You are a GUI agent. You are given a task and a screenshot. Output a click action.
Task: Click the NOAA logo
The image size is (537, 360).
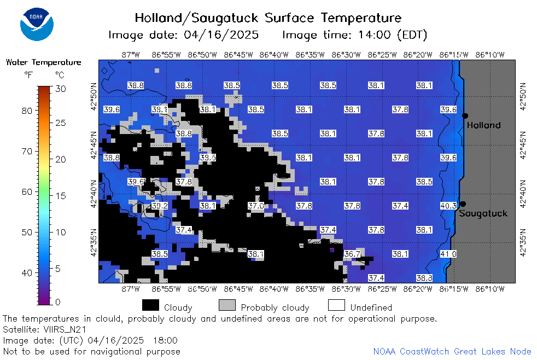37,25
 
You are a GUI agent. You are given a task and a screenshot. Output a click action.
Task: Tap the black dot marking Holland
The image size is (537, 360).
465,116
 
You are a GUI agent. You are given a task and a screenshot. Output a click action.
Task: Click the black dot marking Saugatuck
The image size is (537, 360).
463,204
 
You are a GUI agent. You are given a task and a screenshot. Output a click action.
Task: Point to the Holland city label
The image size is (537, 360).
483,125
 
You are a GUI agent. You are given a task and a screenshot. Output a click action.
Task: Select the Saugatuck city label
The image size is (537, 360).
483,213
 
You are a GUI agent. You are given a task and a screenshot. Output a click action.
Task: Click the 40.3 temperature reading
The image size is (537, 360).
448,206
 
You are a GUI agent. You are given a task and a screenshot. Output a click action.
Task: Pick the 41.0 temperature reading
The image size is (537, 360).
448,254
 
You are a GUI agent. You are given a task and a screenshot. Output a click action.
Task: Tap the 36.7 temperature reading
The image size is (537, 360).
352,254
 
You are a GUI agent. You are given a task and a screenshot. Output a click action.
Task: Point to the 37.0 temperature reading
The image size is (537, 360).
256,206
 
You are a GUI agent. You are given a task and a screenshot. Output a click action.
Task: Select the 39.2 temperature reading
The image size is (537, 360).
160,206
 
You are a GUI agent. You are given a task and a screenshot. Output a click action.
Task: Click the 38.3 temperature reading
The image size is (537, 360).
424,278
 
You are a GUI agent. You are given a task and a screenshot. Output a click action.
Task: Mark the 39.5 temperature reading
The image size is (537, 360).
208,158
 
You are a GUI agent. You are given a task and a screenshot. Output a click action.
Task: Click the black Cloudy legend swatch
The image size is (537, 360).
150,305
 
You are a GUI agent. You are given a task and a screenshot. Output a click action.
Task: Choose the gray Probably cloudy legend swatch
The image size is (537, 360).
227,305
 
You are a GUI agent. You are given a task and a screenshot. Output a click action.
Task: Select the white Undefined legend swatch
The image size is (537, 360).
336,305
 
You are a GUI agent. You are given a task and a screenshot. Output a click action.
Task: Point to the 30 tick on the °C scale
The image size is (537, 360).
60,89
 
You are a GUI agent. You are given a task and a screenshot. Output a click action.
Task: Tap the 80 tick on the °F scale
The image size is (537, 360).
27,111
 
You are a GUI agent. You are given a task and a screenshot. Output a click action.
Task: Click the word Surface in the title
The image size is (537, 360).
289,18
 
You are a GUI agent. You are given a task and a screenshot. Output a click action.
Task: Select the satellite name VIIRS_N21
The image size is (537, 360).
65,329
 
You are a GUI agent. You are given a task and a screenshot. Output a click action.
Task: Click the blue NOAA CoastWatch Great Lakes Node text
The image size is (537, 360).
452,351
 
